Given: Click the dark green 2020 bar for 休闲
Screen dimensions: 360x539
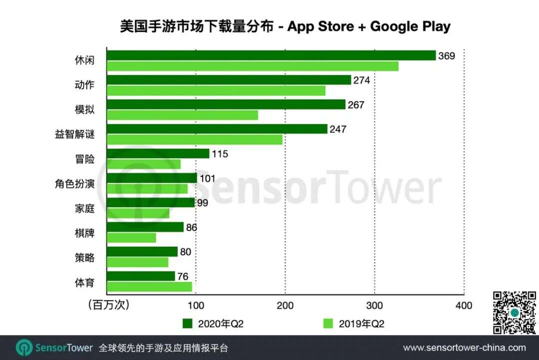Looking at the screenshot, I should (x=271, y=55).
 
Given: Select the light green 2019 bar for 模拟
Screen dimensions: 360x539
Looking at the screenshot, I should (x=182, y=115).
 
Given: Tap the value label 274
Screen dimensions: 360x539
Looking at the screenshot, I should (x=362, y=80).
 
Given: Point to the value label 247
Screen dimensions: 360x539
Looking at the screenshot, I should (x=338, y=129).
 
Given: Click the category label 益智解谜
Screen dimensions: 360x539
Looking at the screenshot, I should (x=75, y=134).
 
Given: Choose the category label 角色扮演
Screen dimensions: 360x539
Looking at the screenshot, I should (x=75, y=184).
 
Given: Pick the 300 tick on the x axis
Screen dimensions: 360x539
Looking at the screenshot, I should (x=374, y=305).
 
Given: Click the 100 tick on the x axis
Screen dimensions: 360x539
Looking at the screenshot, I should (x=196, y=305).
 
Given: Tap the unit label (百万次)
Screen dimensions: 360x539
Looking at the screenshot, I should (x=108, y=305).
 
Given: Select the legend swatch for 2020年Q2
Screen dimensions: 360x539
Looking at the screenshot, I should (x=188, y=324).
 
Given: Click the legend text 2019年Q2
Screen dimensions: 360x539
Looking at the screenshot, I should (x=362, y=324).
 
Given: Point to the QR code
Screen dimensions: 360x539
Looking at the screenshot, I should (x=514, y=313).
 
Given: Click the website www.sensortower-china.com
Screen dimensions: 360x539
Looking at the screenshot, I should (x=464, y=348).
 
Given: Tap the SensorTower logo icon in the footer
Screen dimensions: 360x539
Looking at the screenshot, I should (x=24, y=348).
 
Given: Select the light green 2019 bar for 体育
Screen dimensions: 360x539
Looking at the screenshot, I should (x=149, y=287).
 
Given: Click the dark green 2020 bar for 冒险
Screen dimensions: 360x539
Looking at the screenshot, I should (x=158, y=154).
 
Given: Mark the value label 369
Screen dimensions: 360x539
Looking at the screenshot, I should (x=447, y=56).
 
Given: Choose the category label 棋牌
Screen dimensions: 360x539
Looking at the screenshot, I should (x=83, y=233).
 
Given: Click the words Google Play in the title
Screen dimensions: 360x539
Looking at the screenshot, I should (x=410, y=26).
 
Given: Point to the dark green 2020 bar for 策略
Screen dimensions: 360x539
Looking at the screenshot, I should (x=142, y=252).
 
